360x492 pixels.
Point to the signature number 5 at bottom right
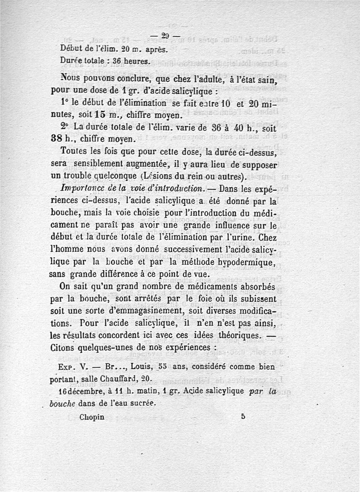point(243,416)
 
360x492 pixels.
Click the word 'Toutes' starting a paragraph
point(74,152)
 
